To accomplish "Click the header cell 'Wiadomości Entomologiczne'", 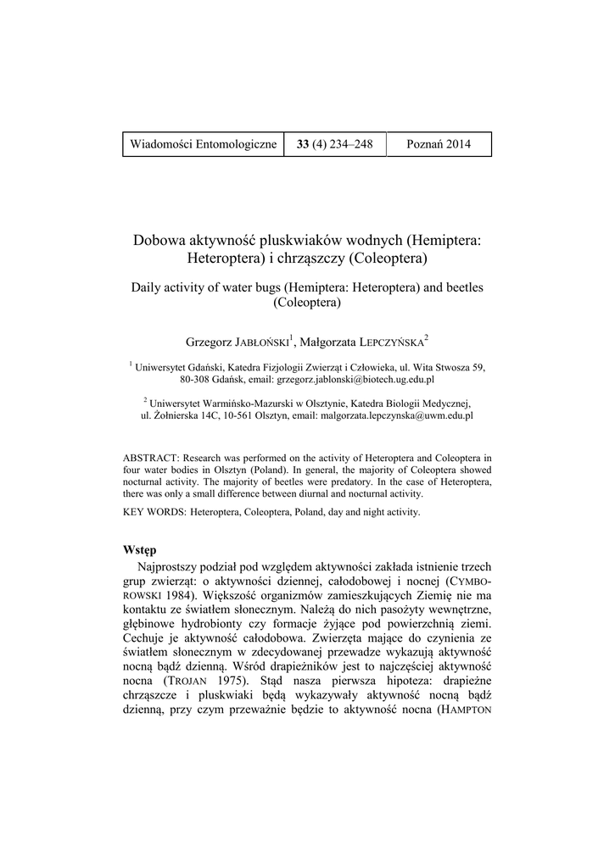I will pos(204,144).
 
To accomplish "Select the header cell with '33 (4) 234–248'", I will pos(335,144).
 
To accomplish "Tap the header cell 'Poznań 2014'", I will pos(439,144).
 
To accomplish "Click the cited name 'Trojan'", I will pos(188,680).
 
